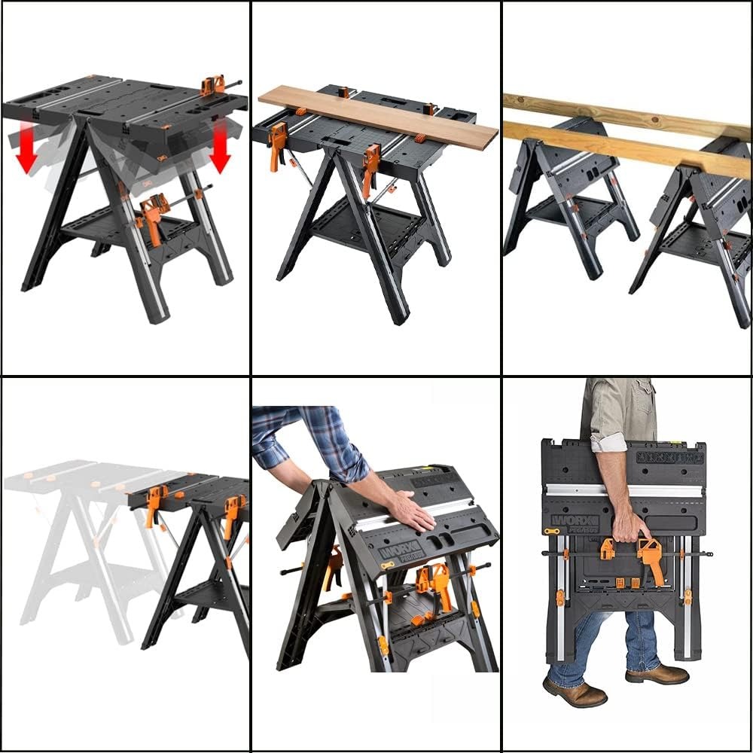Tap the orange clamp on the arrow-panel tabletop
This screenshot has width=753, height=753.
[213, 84]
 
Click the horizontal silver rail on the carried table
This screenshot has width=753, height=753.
[625, 490]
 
